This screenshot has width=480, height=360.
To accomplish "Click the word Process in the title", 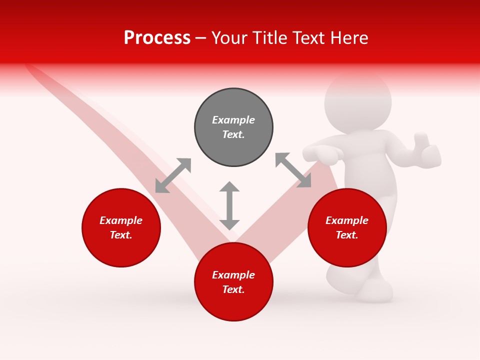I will (x=157, y=38).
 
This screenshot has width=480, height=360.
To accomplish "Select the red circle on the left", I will (x=121, y=245).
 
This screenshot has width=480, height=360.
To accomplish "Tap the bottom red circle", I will (x=233, y=305).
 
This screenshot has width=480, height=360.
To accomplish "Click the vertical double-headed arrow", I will (x=229, y=205).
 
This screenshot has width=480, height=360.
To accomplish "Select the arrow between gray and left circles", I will (x=173, y=175).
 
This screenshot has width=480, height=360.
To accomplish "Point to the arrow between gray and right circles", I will (x=293, y=170).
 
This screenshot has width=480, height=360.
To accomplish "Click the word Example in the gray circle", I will (x=233, y=120).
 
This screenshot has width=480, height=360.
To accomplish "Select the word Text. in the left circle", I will (x=121, y=235).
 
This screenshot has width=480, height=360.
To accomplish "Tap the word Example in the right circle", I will (x=347, y=220).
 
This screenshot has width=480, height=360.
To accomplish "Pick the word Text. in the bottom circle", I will (x=233, y=289).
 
